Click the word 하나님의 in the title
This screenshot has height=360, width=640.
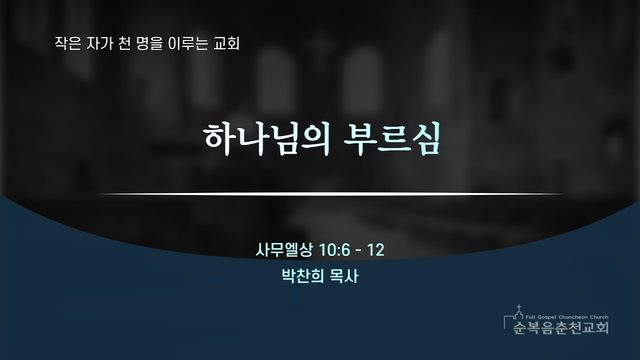[x=267, y=139]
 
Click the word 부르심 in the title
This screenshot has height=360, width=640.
[x=392, y=139]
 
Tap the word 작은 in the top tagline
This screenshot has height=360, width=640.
[x=67, y=44]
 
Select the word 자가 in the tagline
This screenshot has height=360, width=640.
[x=98, y=44]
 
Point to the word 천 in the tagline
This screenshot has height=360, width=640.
[x=124, y=44]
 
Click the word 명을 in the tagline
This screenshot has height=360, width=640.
[x=149, y=44]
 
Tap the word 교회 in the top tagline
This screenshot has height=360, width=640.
[x=226, y=44]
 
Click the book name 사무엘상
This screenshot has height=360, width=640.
[x=284, y=250]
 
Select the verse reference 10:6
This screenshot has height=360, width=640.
[x=334, y=250]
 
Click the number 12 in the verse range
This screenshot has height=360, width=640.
[x=376, y=250]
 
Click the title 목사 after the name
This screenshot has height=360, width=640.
[x=344, y=276]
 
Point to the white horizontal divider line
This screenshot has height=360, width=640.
[x=331, y=194]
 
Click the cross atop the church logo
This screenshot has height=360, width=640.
[x=519, y=308]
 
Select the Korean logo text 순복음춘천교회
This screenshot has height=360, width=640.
[x=561, y=327]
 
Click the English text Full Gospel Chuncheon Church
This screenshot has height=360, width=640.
[x=567, y=317]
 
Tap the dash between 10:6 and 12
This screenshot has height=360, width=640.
[x=359, y=250]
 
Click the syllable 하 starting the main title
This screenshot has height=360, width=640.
[x=219, y=139]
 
